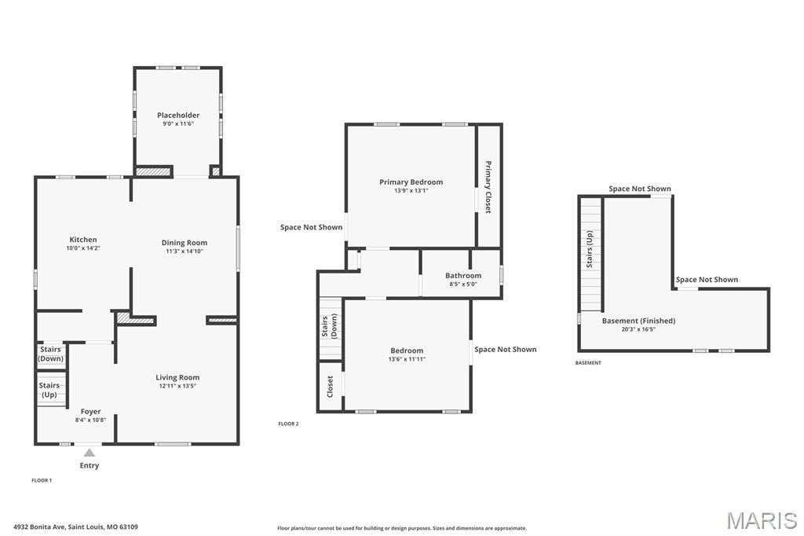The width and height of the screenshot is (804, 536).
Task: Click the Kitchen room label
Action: (x=83, y=240)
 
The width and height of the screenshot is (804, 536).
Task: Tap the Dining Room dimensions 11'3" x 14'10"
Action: (x=185, y=251)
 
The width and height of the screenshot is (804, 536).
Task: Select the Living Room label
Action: (x=177, y=377)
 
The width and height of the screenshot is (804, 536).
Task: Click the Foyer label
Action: (x=90, y=411)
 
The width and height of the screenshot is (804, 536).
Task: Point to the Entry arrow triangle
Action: (x=90, y=452)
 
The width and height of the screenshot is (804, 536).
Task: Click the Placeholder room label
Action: (x=178, y=116)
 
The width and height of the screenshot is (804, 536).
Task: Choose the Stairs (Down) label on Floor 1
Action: (x=50, y=354)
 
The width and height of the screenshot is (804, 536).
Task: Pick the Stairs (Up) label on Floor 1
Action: (x=49, y=390)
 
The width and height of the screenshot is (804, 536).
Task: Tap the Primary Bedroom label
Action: (x=411, y=182)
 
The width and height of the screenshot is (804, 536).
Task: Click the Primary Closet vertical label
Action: (x=488, y=187)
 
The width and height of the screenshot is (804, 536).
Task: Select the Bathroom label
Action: (x=463, y=276)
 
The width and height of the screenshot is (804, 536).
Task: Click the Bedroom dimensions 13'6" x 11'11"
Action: (x=407, y=359)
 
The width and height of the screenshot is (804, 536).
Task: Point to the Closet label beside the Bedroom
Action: (x=330, y=386)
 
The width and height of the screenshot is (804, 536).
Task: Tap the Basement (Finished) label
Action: (x=638, y=321)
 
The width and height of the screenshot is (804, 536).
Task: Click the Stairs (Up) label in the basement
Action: (x=590, y=250)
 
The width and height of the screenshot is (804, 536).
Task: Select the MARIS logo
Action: (x=762, y=520)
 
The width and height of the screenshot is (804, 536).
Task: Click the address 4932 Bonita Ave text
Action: (x=75, y=527)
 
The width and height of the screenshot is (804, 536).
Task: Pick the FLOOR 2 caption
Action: (x=288, y=424)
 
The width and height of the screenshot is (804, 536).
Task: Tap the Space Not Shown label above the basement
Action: (x=640, y=189)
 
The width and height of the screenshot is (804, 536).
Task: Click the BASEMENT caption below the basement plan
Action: (x=588, y=363)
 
